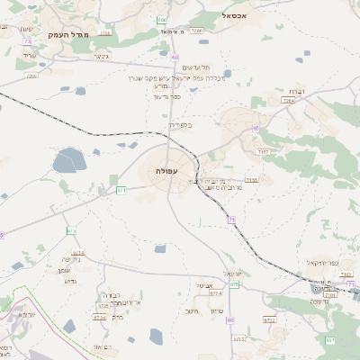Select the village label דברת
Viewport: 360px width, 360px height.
292,92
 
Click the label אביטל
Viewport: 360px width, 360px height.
205,285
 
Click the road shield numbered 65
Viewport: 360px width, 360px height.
256,129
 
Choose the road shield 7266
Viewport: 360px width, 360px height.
198,31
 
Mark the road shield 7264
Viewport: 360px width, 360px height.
288,100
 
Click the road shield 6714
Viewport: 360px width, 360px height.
78,253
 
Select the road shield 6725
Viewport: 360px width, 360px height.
102,306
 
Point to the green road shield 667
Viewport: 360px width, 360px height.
329,340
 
